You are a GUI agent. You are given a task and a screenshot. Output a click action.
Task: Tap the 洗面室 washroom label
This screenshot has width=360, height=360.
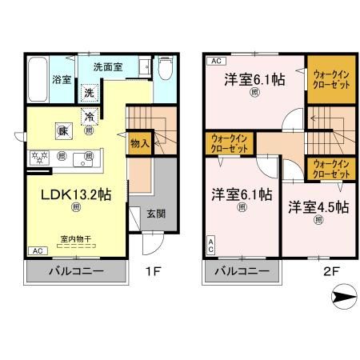pos(106,68)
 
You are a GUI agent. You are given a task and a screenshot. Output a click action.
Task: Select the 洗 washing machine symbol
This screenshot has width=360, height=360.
pos(90,93)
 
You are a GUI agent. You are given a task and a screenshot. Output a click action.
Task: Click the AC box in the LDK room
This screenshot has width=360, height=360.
pos(37,250)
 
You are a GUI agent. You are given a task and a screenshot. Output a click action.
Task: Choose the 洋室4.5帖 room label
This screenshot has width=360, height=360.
pos(319,206)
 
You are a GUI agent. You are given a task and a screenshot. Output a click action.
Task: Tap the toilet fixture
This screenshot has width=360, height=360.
pos(164,73)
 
